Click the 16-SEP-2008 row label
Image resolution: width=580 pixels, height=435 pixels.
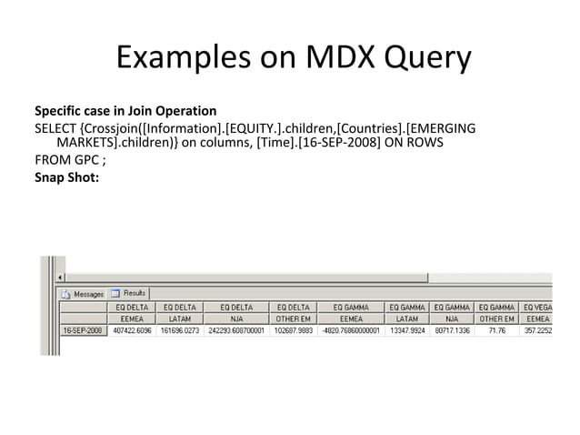(x=82, y=331)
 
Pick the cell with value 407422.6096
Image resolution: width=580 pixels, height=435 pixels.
(x=131, y=331)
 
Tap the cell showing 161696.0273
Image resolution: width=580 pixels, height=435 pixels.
(x=179, y=331)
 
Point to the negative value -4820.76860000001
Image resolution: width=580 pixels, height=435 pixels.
(x=351, y=331)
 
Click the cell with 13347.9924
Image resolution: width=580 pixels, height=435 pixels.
(x=407, y=331)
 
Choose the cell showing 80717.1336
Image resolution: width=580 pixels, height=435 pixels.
(x=452, y=331)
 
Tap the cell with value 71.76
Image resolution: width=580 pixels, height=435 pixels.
(x=497, y=331)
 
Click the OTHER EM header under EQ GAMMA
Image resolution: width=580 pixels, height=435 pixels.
(x=496, y=319)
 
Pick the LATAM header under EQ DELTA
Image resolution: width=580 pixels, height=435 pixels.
(x=179, y=319)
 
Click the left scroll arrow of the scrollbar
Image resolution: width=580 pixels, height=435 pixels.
(x=62, y=278)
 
